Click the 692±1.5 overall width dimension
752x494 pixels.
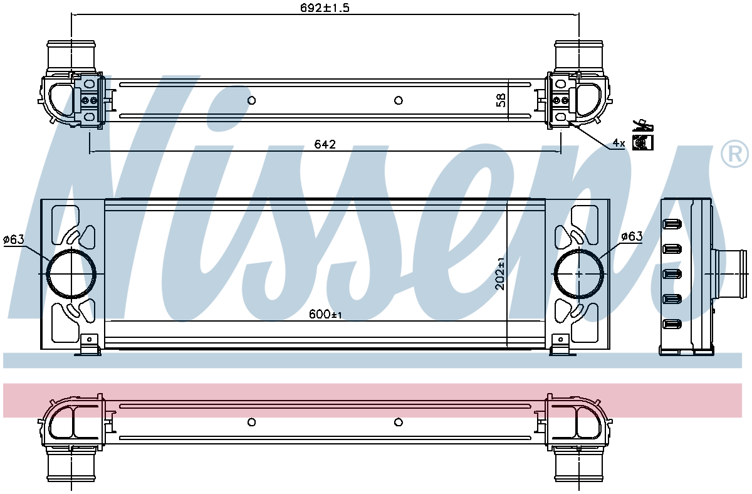pos(325,8)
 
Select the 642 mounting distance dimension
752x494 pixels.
pos(325,144)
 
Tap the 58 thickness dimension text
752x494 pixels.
pos(501,100)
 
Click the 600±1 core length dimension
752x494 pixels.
pos(325,314)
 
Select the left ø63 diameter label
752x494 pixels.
pos(14,239)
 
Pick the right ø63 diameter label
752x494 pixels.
pos(632,236)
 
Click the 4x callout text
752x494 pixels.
pos(619,144)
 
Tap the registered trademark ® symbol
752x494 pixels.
pos(734,154)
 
